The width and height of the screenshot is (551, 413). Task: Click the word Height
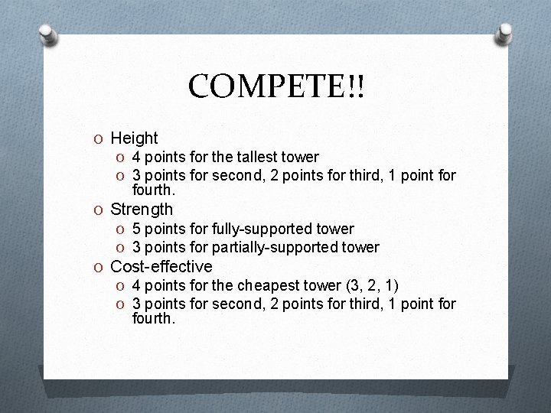[134, 138]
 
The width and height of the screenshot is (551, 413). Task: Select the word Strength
[142, 209]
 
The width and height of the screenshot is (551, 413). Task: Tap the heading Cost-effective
[161, 267]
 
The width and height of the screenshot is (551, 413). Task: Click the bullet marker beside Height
[99, 139]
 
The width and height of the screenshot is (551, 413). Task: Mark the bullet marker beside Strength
[99, 210]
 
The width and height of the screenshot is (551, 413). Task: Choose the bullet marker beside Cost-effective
[99, 268]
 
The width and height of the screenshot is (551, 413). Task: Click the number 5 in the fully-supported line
[136, 229]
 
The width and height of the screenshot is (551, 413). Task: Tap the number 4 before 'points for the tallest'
[136, 158]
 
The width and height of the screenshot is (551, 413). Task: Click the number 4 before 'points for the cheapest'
[136, 286]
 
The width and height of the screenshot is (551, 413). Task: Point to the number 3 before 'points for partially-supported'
[136, 248]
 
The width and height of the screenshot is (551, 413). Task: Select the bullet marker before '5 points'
[121, 229]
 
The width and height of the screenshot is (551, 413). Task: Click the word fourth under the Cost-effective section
[153, 318]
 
